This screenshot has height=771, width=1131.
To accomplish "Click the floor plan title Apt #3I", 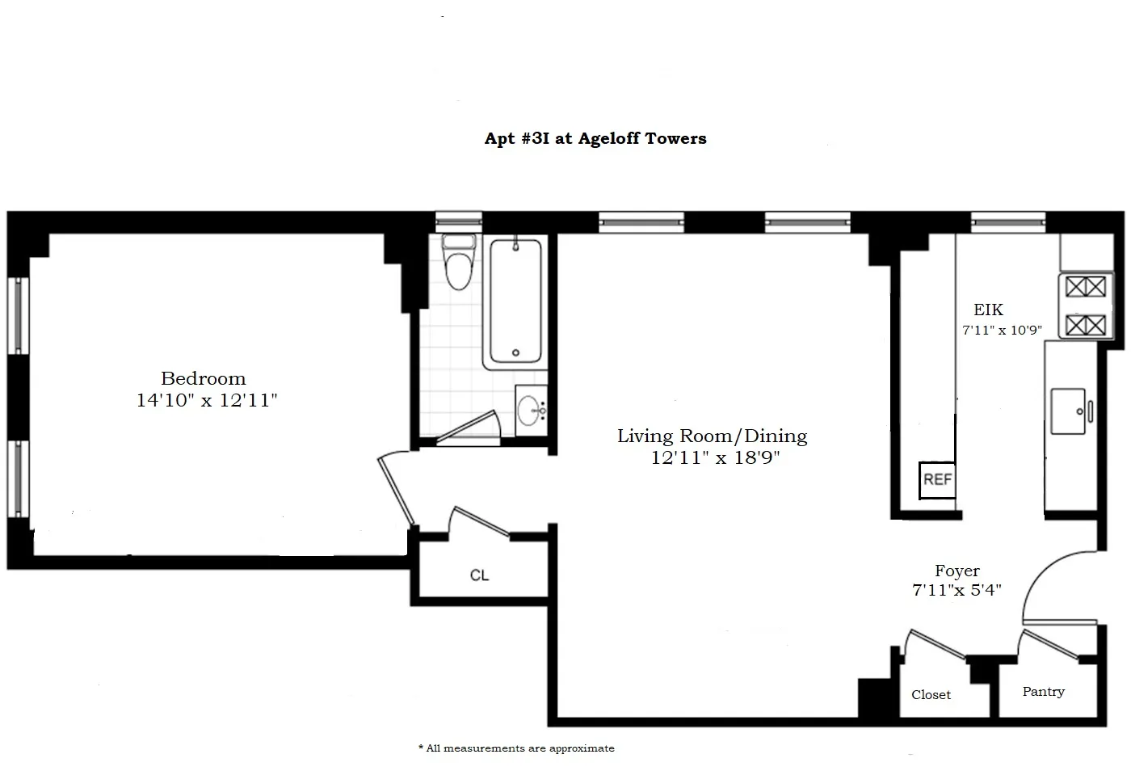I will coord(595,138).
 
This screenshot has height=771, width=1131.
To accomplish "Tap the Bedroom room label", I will coord(204,378).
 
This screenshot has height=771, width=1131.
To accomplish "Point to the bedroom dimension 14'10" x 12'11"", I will coord(207,400).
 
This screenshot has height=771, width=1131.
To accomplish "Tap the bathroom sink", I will coord(532,410).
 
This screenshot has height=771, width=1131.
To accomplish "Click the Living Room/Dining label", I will coord(712,436).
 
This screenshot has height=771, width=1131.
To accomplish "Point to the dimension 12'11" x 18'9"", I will coord(715,458).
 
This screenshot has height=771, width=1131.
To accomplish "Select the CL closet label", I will coord(480,575).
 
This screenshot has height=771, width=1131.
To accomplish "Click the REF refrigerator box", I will coord(937,479).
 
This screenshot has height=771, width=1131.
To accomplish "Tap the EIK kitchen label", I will coord(988,310).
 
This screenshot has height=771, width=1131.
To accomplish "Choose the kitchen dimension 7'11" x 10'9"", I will coord(1002,331).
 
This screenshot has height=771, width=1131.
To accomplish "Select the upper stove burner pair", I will coord(1086,286).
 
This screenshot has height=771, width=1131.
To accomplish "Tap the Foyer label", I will coord(957,571).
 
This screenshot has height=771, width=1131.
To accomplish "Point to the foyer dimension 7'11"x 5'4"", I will coord(957,591).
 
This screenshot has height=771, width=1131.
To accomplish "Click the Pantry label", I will coord(1043,692).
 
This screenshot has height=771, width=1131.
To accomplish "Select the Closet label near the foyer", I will coord(931,695).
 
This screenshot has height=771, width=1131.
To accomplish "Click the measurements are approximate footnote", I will coord(517,748).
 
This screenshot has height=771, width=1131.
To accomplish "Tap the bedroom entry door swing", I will coord(396,490).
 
